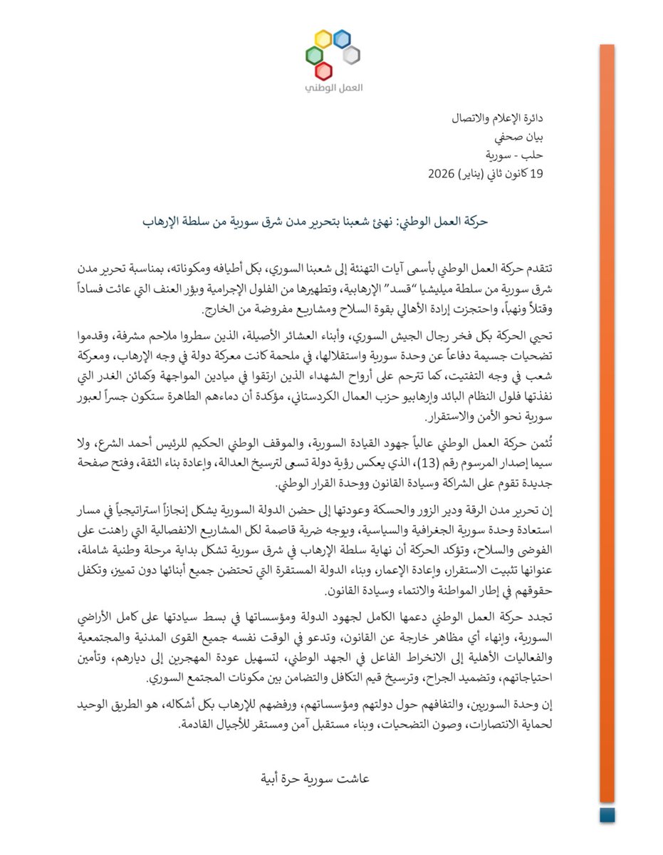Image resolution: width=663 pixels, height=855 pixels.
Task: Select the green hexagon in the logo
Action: pos(311,55)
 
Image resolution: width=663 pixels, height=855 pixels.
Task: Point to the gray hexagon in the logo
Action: pos(350,55)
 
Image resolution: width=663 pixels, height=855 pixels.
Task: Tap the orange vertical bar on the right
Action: pos(607,427)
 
